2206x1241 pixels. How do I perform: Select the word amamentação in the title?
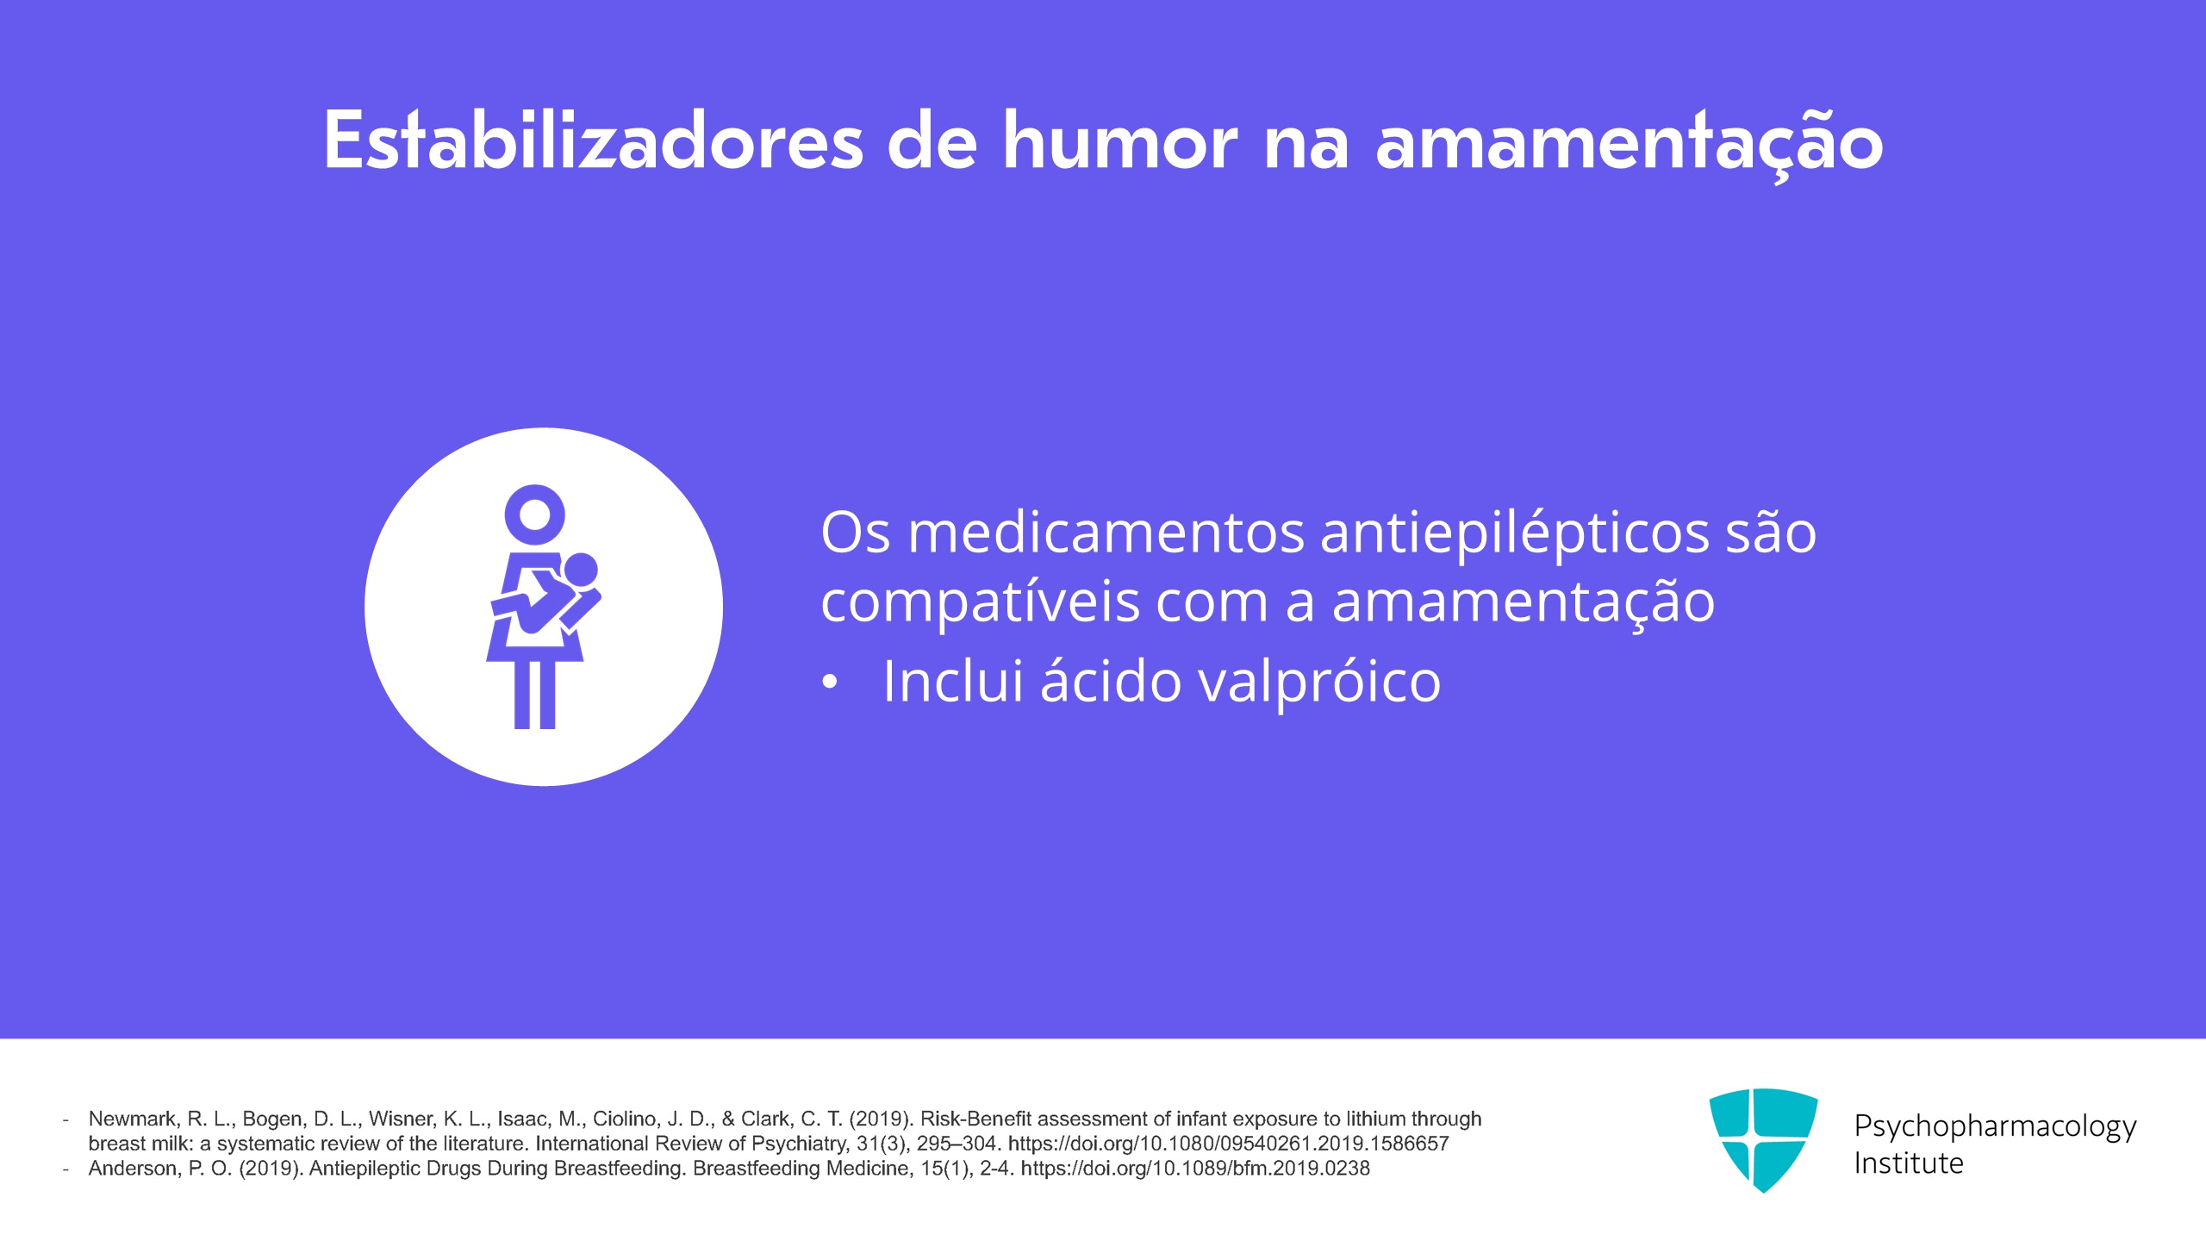[x=1629, y=143]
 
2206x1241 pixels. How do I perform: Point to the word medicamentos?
[x=1106, y=533]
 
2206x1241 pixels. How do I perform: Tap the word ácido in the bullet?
[x=1111, y=680]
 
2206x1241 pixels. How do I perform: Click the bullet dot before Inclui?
[x=829, y=683]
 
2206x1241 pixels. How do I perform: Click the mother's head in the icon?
[x=535, y=515]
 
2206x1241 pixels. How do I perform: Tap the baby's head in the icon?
[x=580, y=571]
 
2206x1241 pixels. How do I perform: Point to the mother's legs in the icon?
[x=535, y=695]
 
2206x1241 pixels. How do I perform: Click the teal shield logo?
[x=1763, y=1139]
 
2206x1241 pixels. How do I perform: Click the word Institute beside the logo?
[x=1909, y=1163]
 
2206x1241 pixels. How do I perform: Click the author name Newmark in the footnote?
[x=134, y=1119]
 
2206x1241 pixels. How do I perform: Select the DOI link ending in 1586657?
[x=1229, y=1144]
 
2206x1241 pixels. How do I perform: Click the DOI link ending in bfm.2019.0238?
[x=1195, y=1169]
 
